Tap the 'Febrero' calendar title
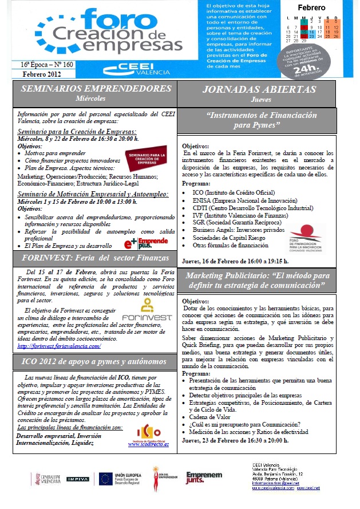311,8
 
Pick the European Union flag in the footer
105,479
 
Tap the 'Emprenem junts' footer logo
203,478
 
